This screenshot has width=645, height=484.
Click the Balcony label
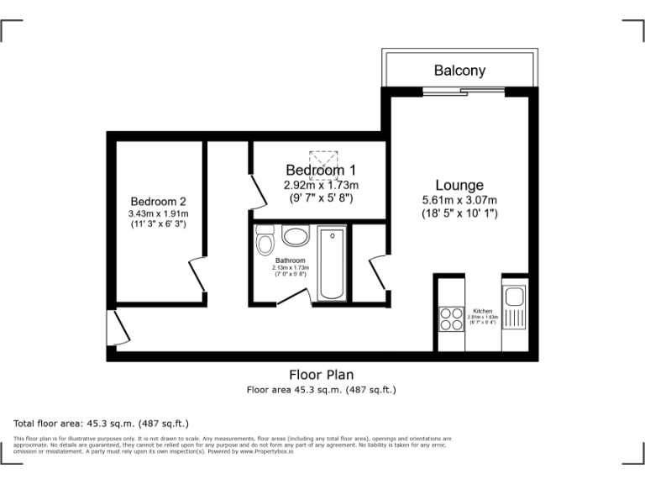click(459, 71)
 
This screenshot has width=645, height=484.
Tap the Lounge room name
click(459, 185)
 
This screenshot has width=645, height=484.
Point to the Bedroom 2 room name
click(158, 202)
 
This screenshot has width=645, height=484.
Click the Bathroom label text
click(291, 260)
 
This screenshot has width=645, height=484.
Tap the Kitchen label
click(483, 311)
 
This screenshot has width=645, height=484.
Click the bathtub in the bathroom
click(332, 264)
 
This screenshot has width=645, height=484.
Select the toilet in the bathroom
click(265, 244)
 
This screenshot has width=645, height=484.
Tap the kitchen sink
click(513, 297)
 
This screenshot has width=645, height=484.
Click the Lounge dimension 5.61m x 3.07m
click(459, 200)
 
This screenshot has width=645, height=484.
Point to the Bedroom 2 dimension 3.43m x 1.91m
click(158, 214)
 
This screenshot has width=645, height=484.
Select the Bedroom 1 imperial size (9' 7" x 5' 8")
click(321, 198)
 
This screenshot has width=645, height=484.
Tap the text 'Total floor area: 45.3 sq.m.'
click(101, 423)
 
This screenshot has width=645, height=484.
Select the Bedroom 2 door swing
click(198, 273)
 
